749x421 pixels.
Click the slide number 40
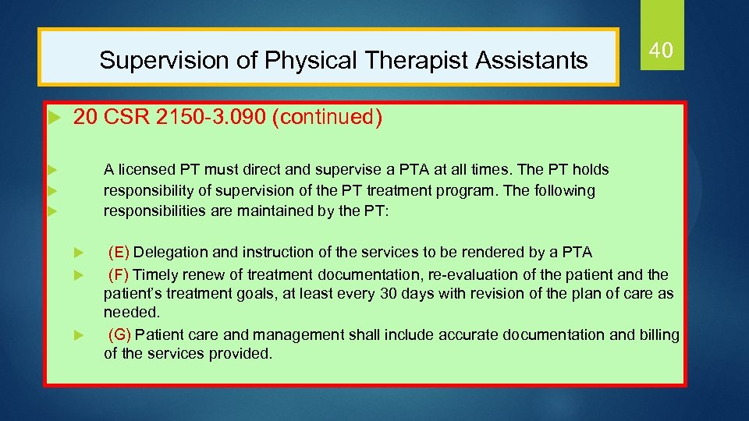661,51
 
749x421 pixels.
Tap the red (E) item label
119,252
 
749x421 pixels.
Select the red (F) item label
119,274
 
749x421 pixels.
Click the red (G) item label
120,335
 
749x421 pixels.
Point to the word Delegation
169,252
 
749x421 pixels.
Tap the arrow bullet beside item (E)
77,253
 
